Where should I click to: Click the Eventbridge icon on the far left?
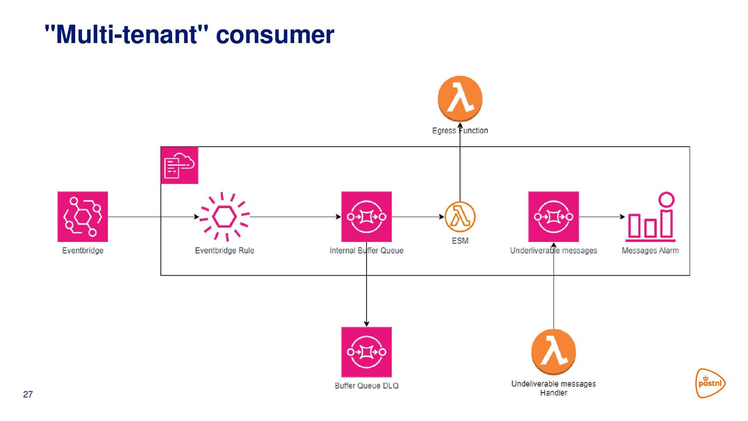point(83,217)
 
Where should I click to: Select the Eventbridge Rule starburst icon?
point(224,217)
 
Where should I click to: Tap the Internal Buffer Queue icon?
point(366,217)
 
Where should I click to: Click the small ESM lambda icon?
point(460,217)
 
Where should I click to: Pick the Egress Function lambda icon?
point(460,99)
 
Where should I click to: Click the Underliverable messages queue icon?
point(554,217)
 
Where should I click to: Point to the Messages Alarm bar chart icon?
point(650,217)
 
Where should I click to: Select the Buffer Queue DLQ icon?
point(366,352)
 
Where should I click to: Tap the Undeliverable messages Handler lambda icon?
point(554,352)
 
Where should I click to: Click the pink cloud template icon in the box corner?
point(180,165)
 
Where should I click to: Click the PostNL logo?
point(711,383)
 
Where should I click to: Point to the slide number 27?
point(28,394)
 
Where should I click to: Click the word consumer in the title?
point(275,35)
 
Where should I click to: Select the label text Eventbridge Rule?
point(224,250)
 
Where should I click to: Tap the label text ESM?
point(460,241)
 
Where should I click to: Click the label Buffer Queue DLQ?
point(367,386)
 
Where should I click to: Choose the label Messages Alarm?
point(650,250)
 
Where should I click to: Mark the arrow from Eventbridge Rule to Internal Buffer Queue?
point(295,217)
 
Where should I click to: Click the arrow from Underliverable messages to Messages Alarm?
point(602,217)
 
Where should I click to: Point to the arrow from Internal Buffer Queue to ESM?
point(418,217)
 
